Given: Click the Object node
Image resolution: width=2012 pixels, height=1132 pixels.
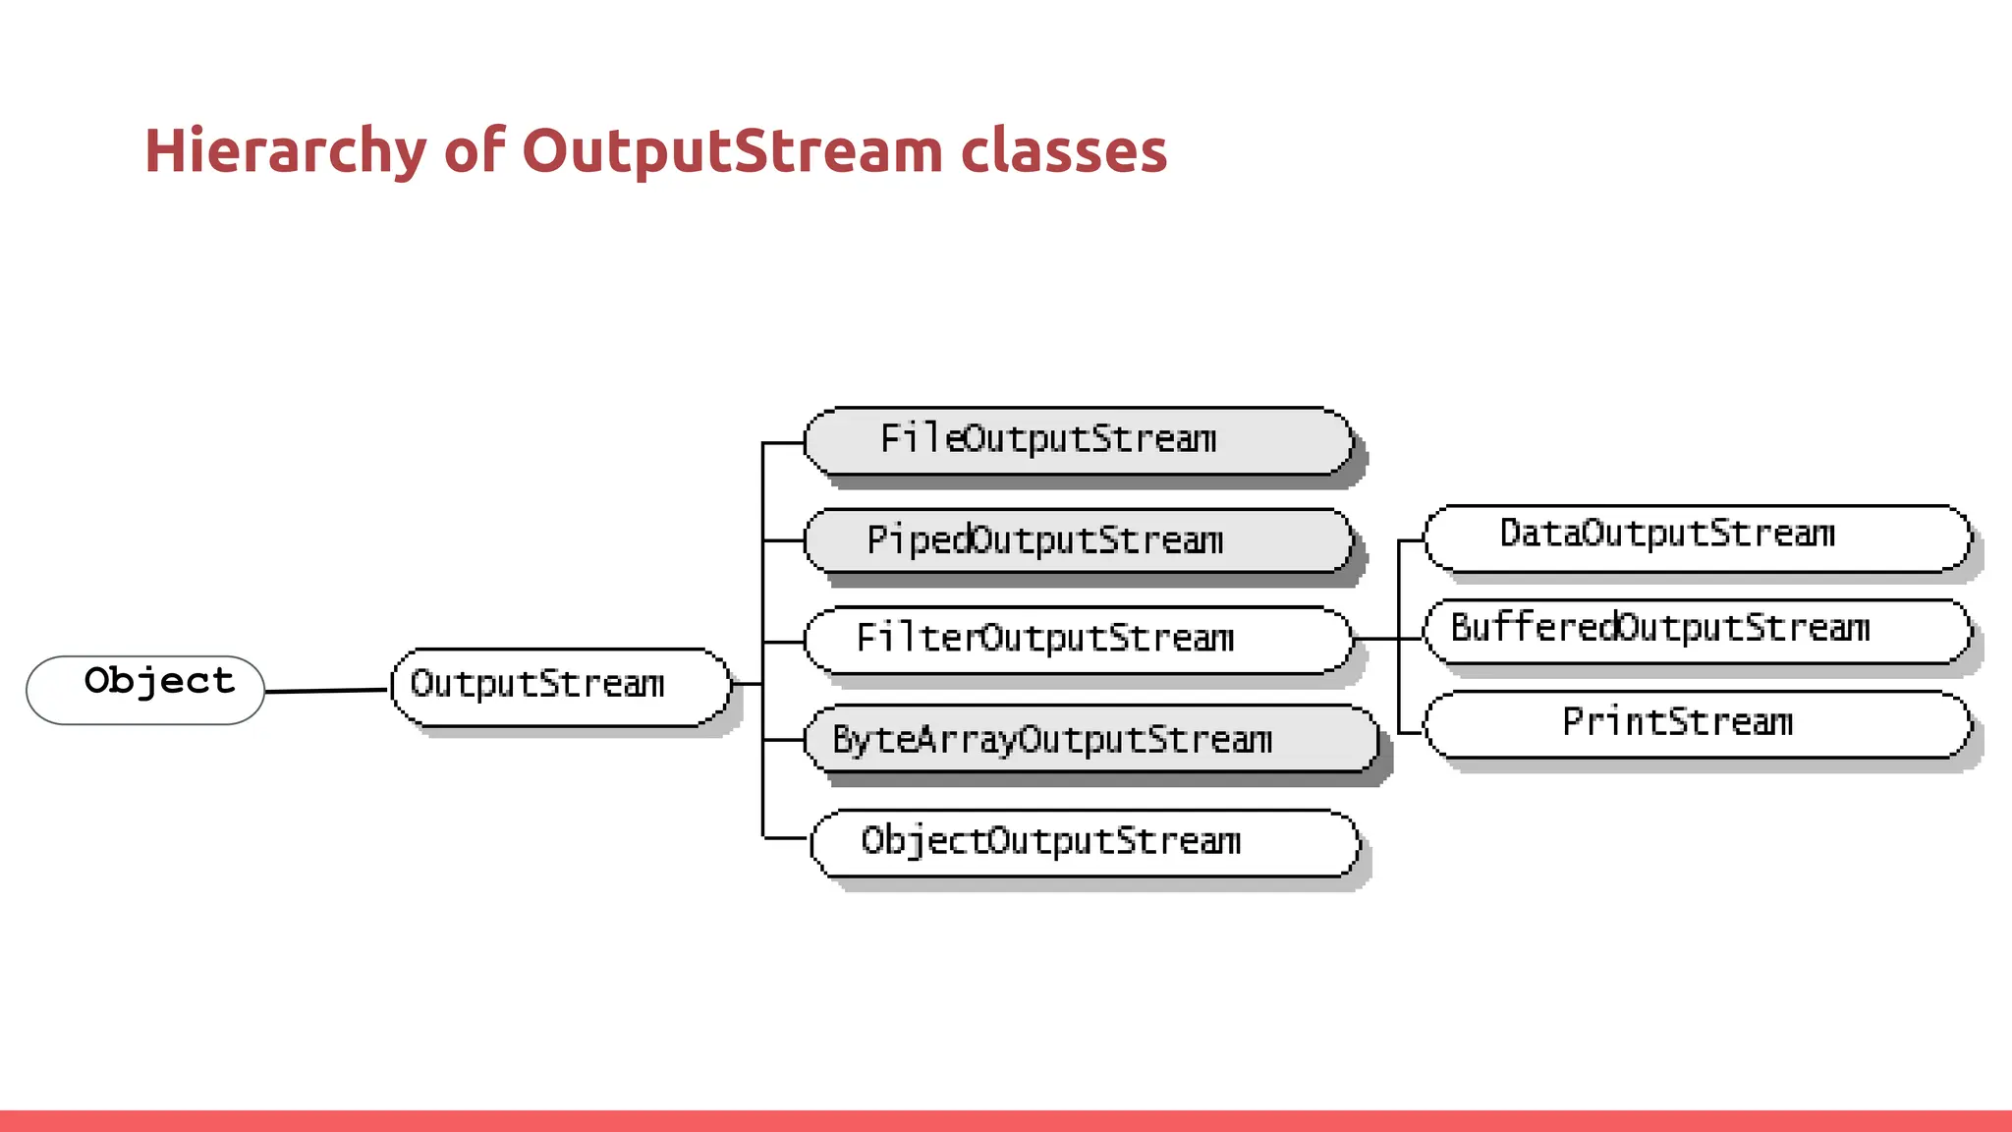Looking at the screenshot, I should [x=145, y=690].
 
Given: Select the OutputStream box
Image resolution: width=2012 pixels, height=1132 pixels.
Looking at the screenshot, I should [x=560, y=686].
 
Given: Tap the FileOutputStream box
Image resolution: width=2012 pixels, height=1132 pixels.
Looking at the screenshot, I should [x=1078, y=441].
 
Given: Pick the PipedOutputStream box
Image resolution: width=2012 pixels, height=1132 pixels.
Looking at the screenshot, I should [x=1078, y=540].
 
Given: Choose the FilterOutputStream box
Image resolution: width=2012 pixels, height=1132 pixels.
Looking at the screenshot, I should [x=1078, y=640].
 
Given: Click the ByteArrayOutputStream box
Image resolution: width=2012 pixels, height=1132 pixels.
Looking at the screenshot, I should [x=1090, y=739].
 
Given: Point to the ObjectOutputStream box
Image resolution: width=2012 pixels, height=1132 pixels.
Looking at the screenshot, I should [x=1085, y=842].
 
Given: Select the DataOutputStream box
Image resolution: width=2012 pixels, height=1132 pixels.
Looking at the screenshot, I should [x=1697, y=538].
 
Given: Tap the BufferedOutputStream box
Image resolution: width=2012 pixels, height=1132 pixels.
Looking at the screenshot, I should [x=1697, y=631].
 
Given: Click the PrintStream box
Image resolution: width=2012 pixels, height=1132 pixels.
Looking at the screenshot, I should [x=1697, y=724].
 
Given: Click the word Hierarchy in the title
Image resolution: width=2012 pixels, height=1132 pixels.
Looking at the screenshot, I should [x=285, y=151].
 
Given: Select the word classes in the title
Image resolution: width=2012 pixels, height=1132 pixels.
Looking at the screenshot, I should [x=1063, y=151].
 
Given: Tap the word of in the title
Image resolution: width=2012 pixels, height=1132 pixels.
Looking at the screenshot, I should [x=475, y=151].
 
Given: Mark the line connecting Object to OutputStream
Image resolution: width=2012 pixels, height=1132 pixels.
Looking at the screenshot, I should [x=326, y=691].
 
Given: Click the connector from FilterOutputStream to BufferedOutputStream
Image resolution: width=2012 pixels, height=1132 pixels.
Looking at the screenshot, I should [x=1387, y=639].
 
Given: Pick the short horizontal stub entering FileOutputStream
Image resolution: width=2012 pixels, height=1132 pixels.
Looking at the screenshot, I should [x=783, y=443].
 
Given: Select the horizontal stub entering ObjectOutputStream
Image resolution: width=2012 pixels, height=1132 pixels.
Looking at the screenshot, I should [x=786, y=838].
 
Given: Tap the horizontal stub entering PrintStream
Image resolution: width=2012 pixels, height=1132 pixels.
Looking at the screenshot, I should [x=1411, y=733].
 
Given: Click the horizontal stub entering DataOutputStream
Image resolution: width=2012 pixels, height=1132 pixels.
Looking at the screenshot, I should [x=1411, y=540].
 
